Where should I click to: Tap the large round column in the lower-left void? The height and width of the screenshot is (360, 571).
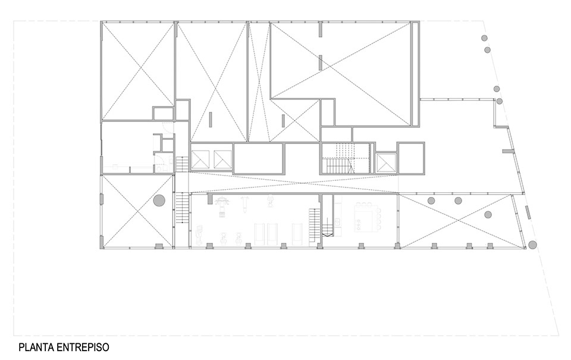pos(159,201)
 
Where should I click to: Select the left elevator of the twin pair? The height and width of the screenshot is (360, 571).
pos(200,160)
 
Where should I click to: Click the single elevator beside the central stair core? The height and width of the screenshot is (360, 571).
pos(385,161)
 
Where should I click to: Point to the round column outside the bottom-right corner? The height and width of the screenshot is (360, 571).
pos(532,244)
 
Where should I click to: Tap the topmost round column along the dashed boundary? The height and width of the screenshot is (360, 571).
pos(484,38)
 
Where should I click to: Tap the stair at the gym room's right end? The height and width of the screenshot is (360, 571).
pos(313,227)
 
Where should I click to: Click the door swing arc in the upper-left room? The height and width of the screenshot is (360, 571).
pos(168,127)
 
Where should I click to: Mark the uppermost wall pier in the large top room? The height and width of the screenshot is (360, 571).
pos(320,29)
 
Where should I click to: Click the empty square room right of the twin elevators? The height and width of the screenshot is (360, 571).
pos(258,159)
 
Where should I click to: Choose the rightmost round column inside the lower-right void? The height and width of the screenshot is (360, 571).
pos(488,214)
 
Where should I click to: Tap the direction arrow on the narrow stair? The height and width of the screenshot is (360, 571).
pos(326,234)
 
